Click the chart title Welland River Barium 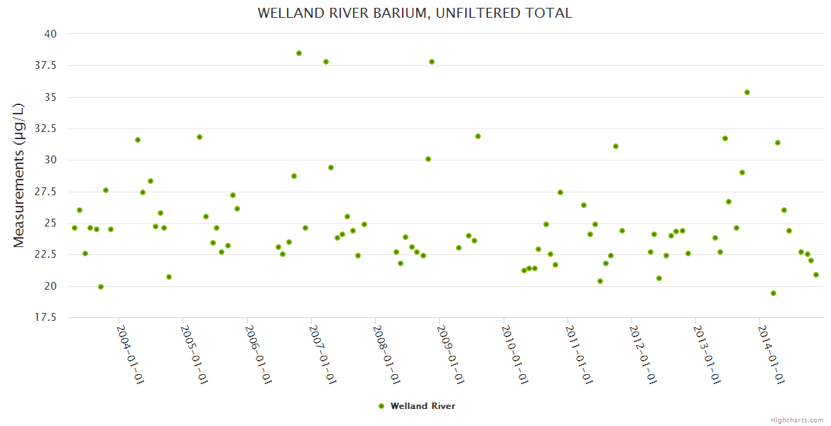coord(415,13)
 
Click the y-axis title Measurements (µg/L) coord(18,175)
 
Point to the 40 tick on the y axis coord(50,34)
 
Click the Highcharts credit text coord(797,420)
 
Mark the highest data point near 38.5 coord(299,53)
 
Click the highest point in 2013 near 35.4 coord(747,92)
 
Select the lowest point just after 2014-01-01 coord(773,293)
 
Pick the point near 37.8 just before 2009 coord(432,62)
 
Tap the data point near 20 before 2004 coord(101,287)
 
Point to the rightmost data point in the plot coord(816,275)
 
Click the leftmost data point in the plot coord(75,228)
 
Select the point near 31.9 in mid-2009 coord(478,136)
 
